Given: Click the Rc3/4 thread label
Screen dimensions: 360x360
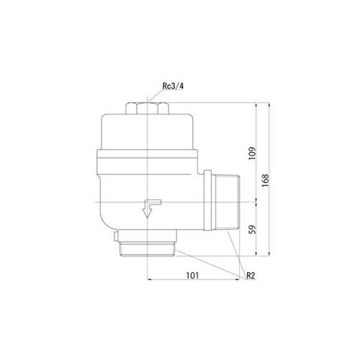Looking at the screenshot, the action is (x=173, y=86).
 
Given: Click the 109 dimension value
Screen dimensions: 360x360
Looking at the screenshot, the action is (x=253, y=153).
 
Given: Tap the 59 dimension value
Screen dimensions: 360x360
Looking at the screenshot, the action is (x=253, y=230).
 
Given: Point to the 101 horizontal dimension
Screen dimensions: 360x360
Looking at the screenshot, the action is (x=192, y=275).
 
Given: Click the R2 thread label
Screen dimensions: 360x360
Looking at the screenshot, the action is (x=250, y=276).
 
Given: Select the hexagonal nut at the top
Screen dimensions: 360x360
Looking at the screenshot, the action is (x=147, y=108).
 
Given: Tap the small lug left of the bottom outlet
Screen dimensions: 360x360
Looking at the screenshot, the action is (x=116, y=236).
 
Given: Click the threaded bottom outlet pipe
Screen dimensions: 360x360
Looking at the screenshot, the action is (x=148, y=249).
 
